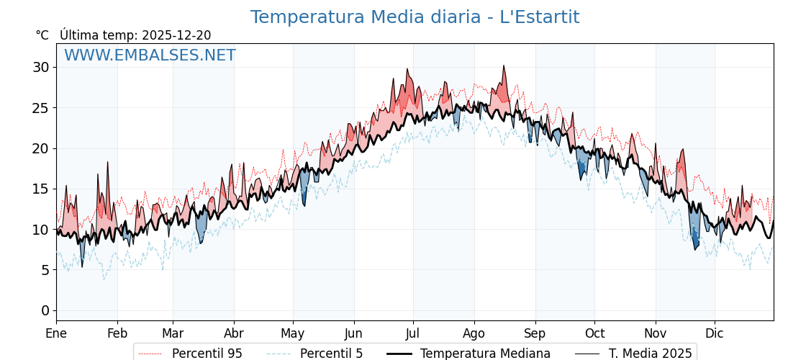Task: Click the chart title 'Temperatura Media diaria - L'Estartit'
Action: pos(415,17)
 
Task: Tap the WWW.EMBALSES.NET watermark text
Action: pos(150,55)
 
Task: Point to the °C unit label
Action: pos(42,35)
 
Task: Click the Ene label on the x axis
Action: pos(56,333)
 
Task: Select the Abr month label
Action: pos(234,333)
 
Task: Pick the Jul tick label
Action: pos(413,333)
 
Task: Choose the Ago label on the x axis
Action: pos(474,333)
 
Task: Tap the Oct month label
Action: pos(594,333)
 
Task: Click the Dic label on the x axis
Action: pos(715,333)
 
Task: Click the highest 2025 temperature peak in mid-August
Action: pos(504,66)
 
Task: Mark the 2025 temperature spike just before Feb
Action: pos(108,163)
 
